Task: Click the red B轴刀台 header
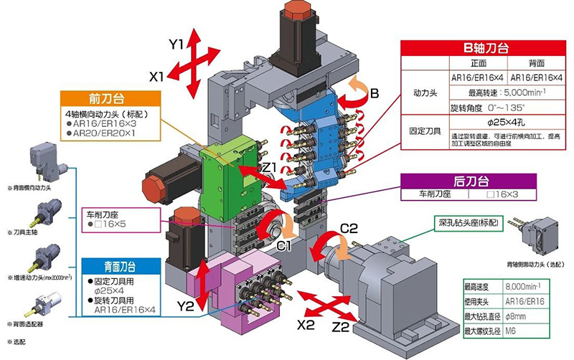488,49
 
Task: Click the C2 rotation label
349,229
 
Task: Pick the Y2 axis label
186,306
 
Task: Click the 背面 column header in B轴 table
537,63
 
